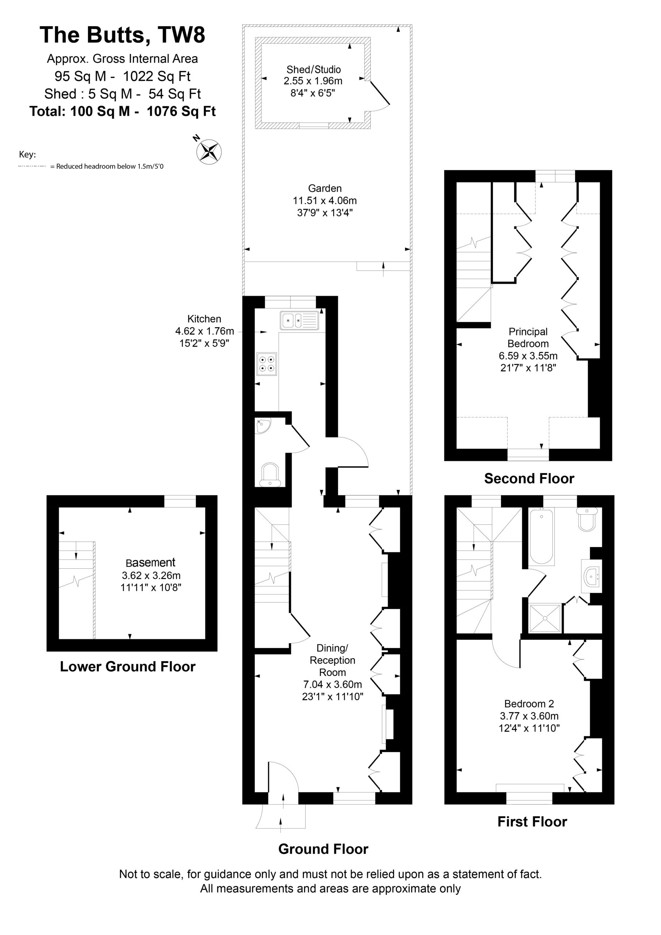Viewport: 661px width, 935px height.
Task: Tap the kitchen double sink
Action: tap(299, 320)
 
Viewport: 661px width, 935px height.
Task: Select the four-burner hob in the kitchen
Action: tap(267, 364)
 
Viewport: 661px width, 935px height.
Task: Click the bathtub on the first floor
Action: tap(541, 536)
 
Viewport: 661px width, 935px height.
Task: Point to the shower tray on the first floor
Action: tap(545, 619)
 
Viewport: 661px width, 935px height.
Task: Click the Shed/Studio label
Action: tap(314, 70)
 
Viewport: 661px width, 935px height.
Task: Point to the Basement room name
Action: tap(150, 563)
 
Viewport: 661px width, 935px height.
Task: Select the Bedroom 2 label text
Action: tap(529, 704)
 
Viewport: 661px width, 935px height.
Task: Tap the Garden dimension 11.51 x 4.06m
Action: tap(325, 201)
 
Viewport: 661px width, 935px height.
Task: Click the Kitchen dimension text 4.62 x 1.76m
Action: tap(205, 331)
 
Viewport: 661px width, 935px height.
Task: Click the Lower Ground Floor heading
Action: tap(127, 667)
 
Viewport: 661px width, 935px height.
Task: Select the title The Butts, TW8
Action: tap(122, 35)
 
